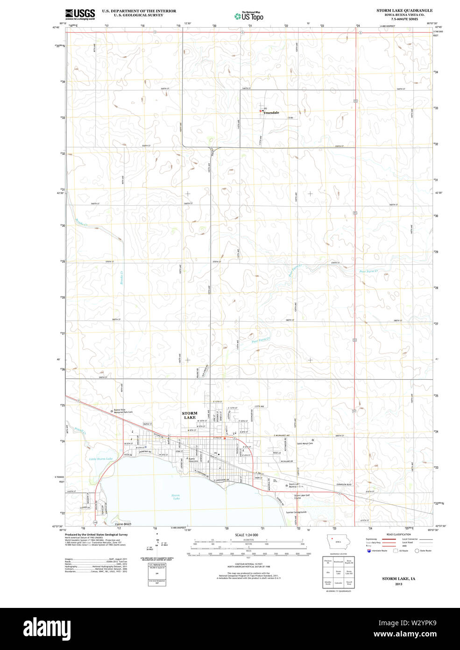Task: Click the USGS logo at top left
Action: [x=80, y=14]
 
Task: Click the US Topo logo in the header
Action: [x=249, y=16]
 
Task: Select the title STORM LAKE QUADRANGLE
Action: [x=404, y=10]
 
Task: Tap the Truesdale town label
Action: [x=271, y=113]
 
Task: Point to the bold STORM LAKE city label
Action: [x=190, y=415]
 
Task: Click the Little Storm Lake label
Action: [x=101, y=459]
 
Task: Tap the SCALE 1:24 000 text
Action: [x=247, y=535]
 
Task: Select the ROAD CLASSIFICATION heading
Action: [x=399, y=534]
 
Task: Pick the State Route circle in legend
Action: [x=417, y=551]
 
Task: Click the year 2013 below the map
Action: [x=398, y=584]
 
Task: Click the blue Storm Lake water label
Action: [x=176, y=497]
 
